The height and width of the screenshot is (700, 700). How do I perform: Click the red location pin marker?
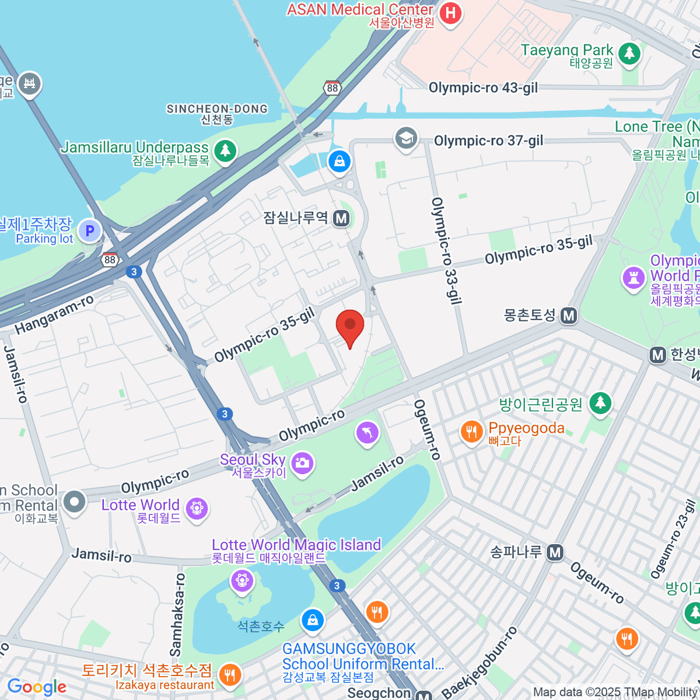(x=350, y=325)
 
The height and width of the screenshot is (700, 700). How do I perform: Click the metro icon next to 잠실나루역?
(x=341, y=219)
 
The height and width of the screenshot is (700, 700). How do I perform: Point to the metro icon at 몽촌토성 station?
(x=568, y=316)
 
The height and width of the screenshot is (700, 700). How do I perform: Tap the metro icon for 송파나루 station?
(x=555, y=552)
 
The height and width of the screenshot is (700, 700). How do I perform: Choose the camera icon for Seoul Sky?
(x=302, y=464)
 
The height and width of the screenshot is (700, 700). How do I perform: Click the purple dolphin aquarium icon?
(x=367, y=433)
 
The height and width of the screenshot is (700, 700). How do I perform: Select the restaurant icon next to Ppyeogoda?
(x=471, y=432)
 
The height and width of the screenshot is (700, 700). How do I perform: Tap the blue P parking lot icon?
(x=90, y=231)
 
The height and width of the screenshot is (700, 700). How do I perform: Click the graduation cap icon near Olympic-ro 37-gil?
(x=405, y=138)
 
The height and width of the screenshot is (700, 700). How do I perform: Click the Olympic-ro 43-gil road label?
(x=483, y=88)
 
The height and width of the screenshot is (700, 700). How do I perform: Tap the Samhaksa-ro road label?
(x=177, y=614)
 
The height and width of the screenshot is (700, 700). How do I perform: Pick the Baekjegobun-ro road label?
(x=480, y=663)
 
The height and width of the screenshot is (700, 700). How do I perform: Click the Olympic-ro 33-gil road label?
(x=446, y=251)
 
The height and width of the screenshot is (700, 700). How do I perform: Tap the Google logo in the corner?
(x=37, y=687)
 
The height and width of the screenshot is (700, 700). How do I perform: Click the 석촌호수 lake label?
(x=261, y=626)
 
